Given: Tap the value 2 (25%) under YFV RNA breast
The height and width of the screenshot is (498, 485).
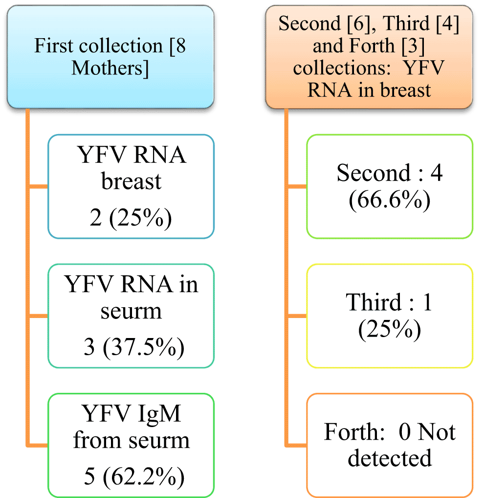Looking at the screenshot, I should click(131, 219).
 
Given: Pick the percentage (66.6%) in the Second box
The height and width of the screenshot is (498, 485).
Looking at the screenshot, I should click(390, 200).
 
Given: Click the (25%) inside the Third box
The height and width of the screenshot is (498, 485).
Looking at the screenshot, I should click(390, 330).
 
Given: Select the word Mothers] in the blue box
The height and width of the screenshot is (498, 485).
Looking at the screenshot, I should click(110, 68).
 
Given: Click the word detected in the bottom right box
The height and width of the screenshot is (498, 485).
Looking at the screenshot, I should click(390, 458).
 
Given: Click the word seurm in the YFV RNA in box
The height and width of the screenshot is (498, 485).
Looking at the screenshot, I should click(131, 311).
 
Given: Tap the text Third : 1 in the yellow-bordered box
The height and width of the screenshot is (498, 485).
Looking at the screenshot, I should click(390, 303).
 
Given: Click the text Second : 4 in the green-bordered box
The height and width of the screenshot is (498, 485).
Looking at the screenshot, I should click(390, 174).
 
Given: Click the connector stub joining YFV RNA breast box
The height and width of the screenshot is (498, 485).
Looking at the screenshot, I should click(38, 186).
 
